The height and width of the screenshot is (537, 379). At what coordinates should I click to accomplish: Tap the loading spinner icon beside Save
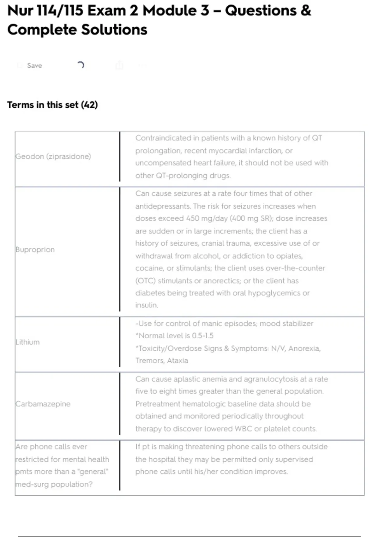tap(81, 65)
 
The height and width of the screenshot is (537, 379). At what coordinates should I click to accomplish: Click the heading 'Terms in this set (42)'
tap(52, 105)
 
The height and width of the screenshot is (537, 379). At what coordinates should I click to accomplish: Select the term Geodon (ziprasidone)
tap(53, 156)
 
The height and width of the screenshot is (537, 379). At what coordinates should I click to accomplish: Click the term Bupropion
tap(35, 250)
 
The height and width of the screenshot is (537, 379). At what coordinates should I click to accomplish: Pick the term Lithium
tap(28, 342)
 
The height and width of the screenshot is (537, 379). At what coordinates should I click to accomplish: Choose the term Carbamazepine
tap(43, 404)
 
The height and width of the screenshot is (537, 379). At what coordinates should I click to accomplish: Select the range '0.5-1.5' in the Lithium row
tap(203, 336)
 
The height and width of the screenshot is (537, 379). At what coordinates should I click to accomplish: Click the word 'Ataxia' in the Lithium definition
tap(177, 361)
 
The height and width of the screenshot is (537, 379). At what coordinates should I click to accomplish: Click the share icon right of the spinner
tap(119, 65)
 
